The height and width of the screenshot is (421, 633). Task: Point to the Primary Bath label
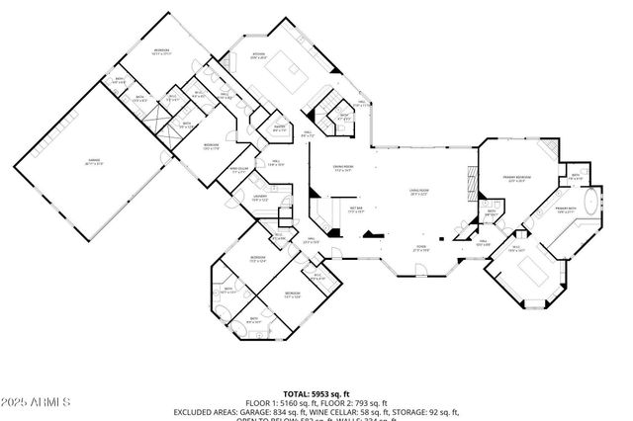(x=565, y=209)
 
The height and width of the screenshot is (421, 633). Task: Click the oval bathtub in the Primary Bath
(x=591, y=206)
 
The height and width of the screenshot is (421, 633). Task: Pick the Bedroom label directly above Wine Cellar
(x=211, y=145)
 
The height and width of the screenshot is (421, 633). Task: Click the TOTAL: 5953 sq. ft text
(x=316, y=393)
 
